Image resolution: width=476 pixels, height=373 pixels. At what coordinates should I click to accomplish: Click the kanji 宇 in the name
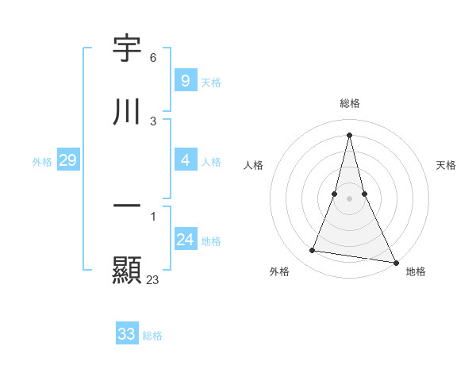(127, 50)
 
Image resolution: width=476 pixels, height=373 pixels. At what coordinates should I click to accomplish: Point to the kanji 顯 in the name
(127, 269)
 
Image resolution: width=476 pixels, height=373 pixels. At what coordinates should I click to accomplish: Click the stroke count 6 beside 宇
(153, 58)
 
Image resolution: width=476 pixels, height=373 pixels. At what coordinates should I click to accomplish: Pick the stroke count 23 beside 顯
(152, 279)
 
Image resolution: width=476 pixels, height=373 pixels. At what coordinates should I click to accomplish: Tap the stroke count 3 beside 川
(153, 121)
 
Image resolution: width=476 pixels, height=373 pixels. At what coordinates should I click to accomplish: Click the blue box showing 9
(185, 81)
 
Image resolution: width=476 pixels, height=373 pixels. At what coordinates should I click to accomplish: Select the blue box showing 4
(185, 160)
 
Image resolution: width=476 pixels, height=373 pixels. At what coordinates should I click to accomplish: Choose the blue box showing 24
(185, 240)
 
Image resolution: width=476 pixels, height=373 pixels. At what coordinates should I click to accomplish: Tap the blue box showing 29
(67, 161)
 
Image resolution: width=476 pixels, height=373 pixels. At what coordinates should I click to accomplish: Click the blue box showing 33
(127, 334)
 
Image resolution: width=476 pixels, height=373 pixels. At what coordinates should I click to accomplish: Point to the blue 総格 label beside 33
(152, 336)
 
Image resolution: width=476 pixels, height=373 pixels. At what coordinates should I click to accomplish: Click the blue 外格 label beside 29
(42, 162)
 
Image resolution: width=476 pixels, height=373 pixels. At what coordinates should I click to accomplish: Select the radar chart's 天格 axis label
(446, 165)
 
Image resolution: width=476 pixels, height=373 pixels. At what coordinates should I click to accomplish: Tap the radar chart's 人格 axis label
(253, 165)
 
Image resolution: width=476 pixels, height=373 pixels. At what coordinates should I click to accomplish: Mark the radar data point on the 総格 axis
(349, 135)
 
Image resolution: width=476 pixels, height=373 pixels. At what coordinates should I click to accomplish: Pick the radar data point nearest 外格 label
(313, 251)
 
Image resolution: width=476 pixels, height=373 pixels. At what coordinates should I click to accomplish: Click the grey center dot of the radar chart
(349, 198)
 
